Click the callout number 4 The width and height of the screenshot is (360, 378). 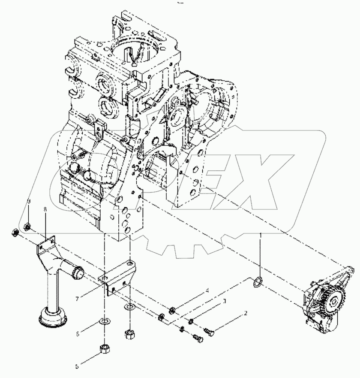pyautogui.click(x=207, y=290)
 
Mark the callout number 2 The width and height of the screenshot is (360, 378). pyautogui.click(x=245, y=314)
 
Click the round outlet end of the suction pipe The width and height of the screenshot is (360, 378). pyautogui.click(x=78, y=272)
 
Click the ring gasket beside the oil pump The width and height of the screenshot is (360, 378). pyautogui.click(x=258, y=281)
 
